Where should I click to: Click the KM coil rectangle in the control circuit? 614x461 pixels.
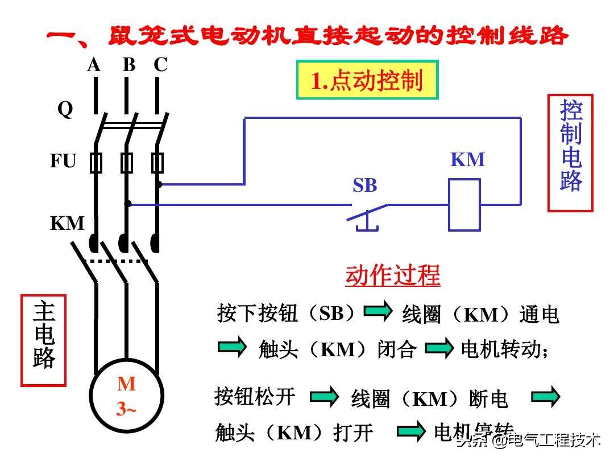464,205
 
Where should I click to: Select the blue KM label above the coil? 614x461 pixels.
468,160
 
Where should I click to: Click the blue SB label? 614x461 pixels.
364,186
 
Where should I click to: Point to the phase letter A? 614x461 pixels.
94,65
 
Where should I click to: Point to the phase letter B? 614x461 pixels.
129,65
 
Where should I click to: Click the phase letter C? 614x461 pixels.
160,65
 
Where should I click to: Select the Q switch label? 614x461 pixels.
65,109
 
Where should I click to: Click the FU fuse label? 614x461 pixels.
63,162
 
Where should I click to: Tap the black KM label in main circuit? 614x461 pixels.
67,224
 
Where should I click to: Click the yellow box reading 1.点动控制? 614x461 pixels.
367,80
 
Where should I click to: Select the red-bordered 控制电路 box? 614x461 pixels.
570,153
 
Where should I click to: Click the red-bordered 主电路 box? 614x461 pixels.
43,340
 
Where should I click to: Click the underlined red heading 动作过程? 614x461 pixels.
393,276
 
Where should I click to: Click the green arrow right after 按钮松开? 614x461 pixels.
324,397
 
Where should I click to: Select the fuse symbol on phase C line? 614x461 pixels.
157,163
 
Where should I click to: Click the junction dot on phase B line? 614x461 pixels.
128,203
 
